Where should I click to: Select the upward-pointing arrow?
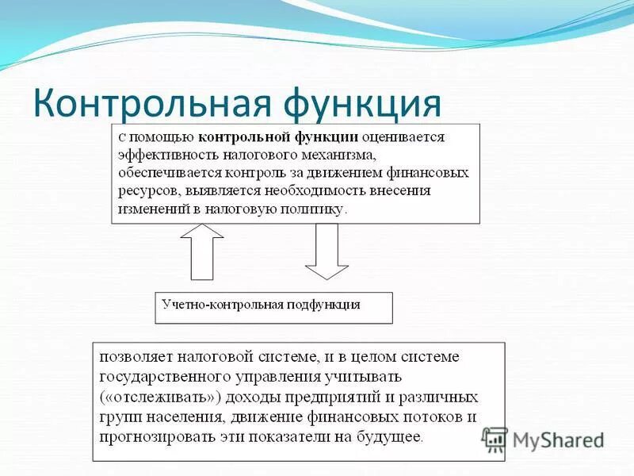[x=202, y=251]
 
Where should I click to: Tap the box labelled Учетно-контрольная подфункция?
[x=273, y=308]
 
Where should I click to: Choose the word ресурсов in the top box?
[x=146, y=191]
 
